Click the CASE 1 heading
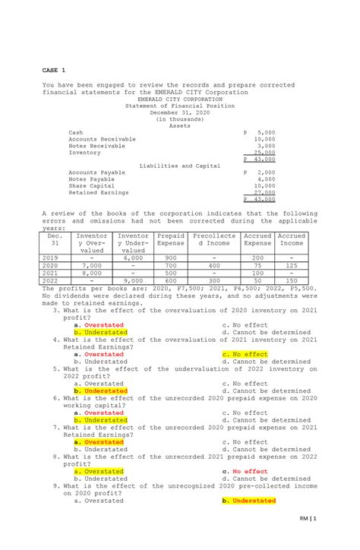coord(54,70)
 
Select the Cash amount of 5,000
coord(265,132)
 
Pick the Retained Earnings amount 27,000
coord(264,192)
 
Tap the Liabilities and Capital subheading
coord(180,165)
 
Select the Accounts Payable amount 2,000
coord(265,172)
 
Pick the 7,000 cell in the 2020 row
coord(92,265)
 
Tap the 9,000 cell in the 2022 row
coord(132,280)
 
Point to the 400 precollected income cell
coord(215,265)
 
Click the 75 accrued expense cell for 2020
coord(258,265)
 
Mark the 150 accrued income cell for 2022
coord(292,280)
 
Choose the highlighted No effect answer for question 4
coord(245,354)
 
